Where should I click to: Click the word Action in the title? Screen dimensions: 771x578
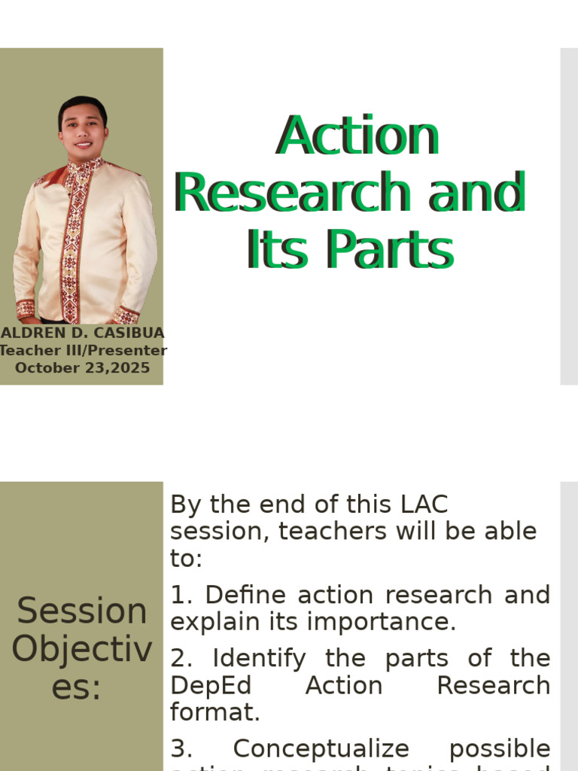click(357, 136)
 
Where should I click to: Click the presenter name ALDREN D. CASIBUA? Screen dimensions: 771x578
click(82, 333)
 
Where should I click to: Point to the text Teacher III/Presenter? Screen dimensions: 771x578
click(83, 350)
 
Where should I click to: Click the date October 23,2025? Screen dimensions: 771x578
click(83, 368)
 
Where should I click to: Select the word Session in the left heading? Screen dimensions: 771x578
click(82, 611)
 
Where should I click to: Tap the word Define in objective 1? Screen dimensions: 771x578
click(247, 594)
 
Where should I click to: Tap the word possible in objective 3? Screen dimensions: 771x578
click(499, 748)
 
